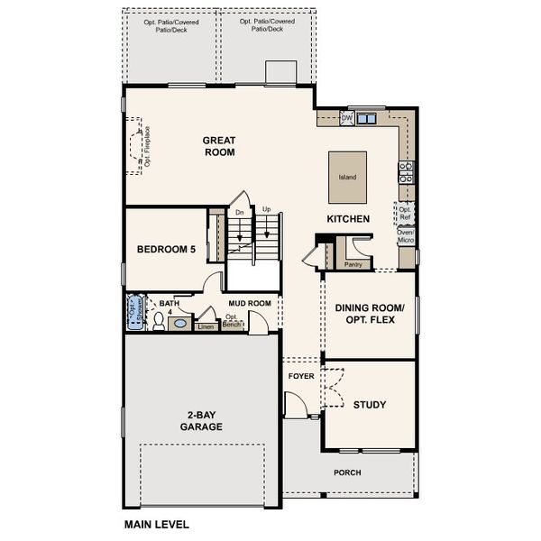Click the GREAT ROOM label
pyautogui.click(x=218, y=146)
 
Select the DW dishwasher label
pyautogui.click(x=346, y=118)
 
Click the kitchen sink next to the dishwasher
pyautogui.click(x=366, y=118)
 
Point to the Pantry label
pyautogui.click(x=353, y=265)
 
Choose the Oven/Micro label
pyautogui.click(x=406, y=236)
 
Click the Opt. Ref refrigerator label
pyautogui.click(x=406, y=213)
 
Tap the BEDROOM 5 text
pyautogui.click(x=166, y=250)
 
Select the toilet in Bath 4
pyautogui.click(x=158, y=321)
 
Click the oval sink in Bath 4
pyautogui.click(x=179, y=323)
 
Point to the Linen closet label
pyautogui.click(x=206, y=326)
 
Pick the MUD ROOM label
pyautogui.click(x=249, y=304)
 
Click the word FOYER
pyautogui.click(x=301, y=375)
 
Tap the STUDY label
pyautogui.click(x=370, y=405)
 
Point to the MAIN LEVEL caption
pyautogui.click(x=157, y=523)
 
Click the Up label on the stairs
pyautogui.click(x=266, y=210)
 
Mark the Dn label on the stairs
pyautogui.click(x=239, y=213)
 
